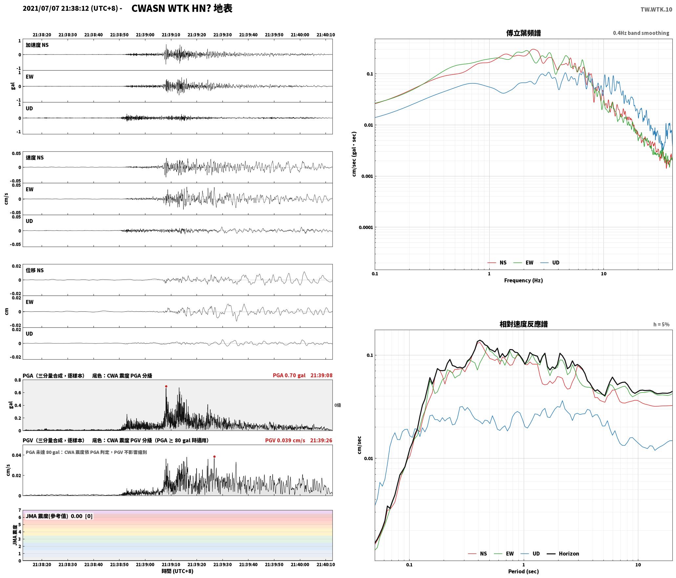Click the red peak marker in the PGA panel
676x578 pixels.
pyautogui.click(x=166, y=387)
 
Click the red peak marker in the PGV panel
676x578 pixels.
pyautogui.click(x=214, y=456)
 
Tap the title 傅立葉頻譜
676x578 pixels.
pyautogui.click(x=523, y=33)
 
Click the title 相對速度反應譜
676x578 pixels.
pyautogui.click(x=523, y=324)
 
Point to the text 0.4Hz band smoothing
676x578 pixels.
pyautogui.click(x=641, y=33)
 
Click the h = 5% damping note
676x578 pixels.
pyautogui.click(x=661, y=324)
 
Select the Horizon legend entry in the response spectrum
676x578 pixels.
pyautogui.click(x=563, y=553)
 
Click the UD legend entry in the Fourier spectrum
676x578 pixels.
pyautogui.click(x=550, y=262)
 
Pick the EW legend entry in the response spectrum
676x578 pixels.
pyautogui.click(x=504, y=553)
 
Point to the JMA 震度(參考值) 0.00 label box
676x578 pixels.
pyautogui.click(x=59, y=516)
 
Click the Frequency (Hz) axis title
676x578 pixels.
pyautogui.click(x=523, y=280)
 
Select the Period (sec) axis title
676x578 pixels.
pyautogui.click(x=523, y=571)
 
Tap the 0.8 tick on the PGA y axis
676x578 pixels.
pyautogui.click(x=18, y=380)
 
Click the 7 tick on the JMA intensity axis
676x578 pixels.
pyautogui.click(x=20, y=510)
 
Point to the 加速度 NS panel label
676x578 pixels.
pyautogui.click(x=37, y=45)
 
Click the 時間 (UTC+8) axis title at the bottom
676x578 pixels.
pyautogui.click(x=178, y=571)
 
